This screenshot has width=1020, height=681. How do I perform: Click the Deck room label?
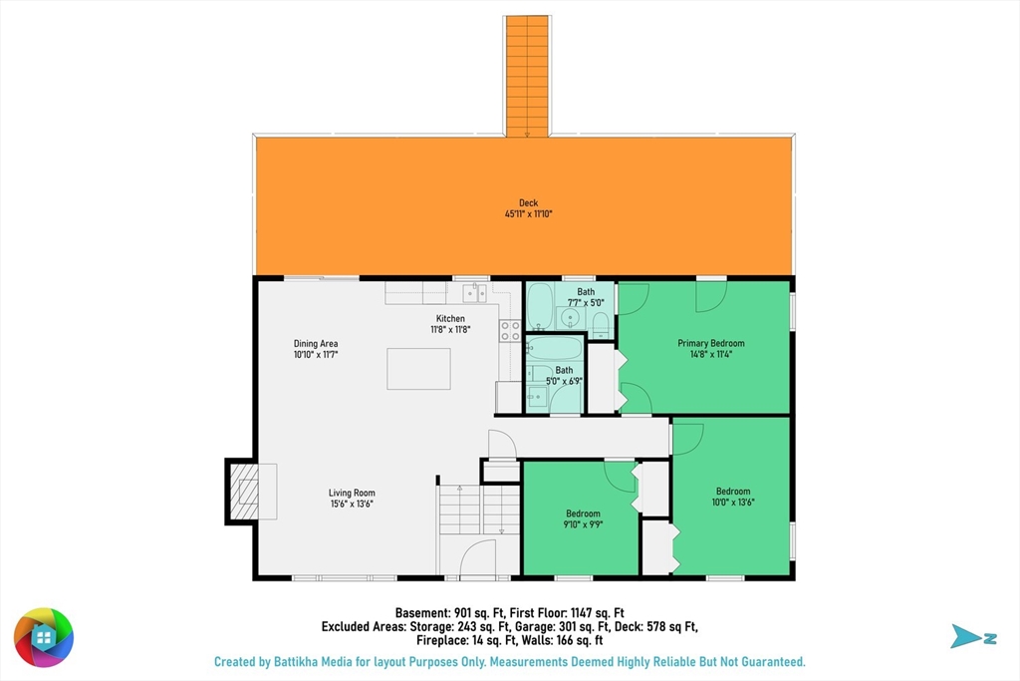coord(528,203)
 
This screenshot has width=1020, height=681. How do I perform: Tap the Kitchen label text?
coord(450,318)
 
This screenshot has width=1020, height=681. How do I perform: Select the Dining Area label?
coord(316,343)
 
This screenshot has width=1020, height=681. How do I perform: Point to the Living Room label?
coord(352,493)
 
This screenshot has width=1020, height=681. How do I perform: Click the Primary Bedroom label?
coord(711,343)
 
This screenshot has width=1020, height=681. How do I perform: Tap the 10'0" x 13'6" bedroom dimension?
coord(733,502)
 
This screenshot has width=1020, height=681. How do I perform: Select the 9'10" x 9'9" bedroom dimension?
coord(583,524)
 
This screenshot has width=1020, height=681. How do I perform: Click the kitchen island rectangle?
coord(419,369)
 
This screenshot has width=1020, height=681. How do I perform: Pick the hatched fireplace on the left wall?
coord(242,492)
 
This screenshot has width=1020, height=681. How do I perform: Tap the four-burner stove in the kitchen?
coord(510,331)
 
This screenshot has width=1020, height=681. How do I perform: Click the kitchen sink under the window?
coord(475,293)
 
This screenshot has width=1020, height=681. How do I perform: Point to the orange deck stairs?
coord(528,76)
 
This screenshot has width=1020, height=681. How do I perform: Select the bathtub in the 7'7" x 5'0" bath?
coord(540,306)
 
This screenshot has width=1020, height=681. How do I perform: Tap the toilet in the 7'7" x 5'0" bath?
coord(601,325)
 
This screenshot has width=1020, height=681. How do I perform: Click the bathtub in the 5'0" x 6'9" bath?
coord(554,348)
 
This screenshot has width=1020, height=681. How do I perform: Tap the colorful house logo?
coord(44,637)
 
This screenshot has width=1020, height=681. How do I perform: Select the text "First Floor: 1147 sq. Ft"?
coord(567,612)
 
